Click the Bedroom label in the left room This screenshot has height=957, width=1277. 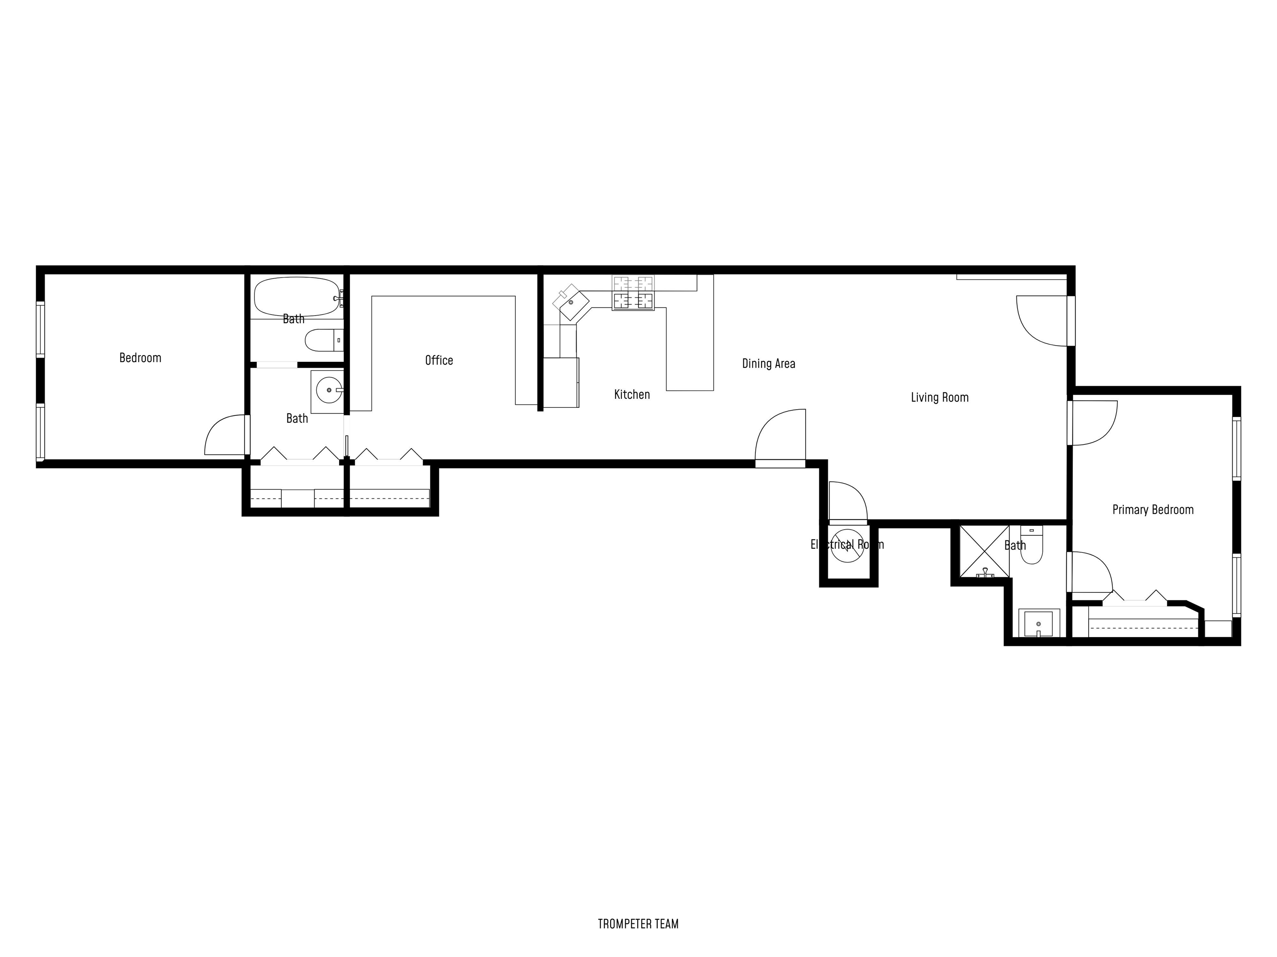(x=140, y=358)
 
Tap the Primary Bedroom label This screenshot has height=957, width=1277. (x=1152, y=509)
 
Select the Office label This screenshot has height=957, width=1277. (x=439, y=360)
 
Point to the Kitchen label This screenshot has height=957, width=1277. (x=631, y=394)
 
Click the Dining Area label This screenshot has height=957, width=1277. (x=768, y=363)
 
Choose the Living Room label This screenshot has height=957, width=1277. (x=939, y=397)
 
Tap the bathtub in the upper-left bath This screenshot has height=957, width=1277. (x=296, y=297)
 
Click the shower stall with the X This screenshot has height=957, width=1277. (x=984, y=551)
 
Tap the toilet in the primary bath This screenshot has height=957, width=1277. (x=1030, y=546)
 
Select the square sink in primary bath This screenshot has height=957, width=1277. (x=1038, y=623)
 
